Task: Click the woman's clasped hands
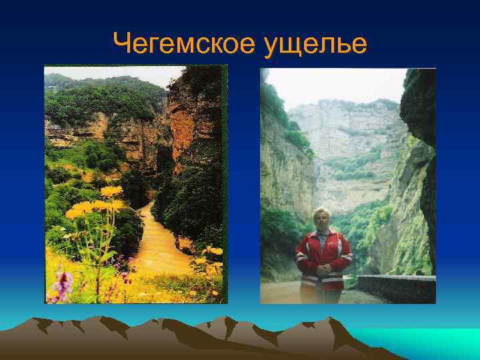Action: pyautogui.click(x=323, y=273)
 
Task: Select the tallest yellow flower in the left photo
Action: pyautogui.click(x=111, y=191)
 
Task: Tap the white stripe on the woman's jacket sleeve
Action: pyautogui.click(x=301, y=256)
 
